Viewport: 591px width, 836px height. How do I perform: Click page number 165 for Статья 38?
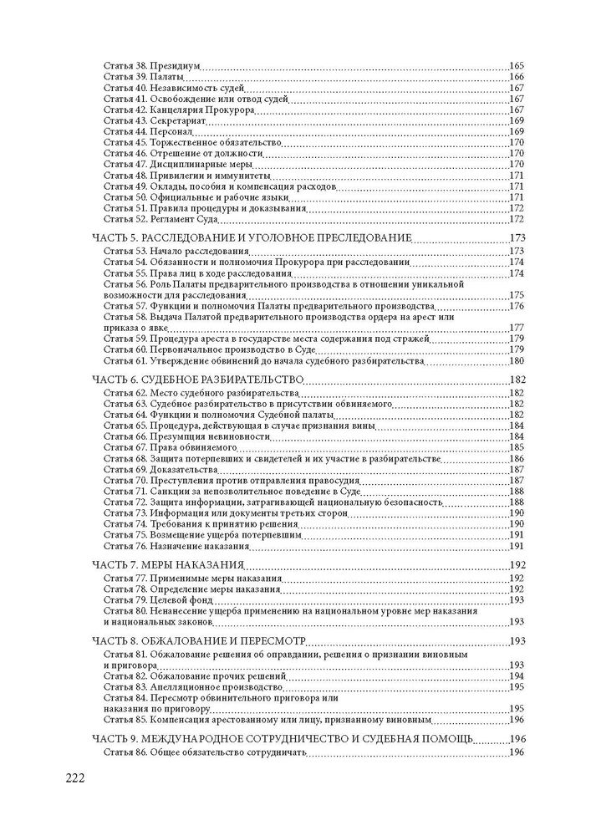[516, 65]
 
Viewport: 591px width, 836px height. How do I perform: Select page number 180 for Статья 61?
[516, 360]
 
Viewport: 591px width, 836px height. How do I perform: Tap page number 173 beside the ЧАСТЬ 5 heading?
[516, 239]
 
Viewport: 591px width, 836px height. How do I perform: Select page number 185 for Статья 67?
[516, 447]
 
